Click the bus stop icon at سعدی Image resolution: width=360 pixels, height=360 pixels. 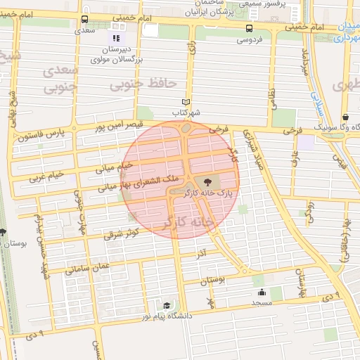pos(85,19)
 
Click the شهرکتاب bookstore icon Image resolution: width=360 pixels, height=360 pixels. pos(186,101)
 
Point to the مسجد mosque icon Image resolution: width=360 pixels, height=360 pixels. pos(262,292)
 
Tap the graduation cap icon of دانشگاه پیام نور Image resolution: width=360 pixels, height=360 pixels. pos(167,305)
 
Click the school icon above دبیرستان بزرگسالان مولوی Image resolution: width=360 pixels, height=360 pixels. pos(116,38)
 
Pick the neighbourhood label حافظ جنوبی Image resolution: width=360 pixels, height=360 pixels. pos(141,85)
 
